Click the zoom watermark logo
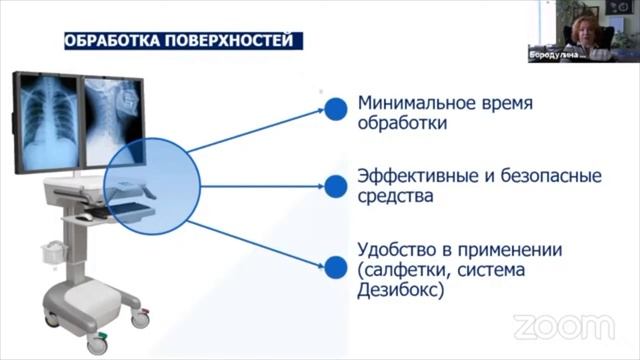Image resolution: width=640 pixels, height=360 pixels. tap(562, 326)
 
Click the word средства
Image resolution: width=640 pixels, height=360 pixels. tap(395, 196)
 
